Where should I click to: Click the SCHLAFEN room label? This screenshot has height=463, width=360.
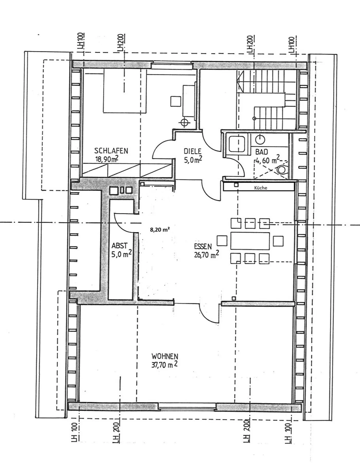pos(111,150)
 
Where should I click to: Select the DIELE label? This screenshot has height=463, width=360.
pos(192,152)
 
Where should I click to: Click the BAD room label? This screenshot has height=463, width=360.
pos(262,152)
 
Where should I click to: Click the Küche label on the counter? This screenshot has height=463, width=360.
pos(260,188)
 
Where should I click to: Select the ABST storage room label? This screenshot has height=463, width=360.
pos(119,246)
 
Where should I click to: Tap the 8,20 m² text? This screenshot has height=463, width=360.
pos(160,229)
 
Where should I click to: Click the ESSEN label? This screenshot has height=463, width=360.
pos(203,247)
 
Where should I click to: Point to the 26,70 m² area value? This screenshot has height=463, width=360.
pos(207,255)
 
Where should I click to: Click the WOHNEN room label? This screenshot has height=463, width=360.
pos(165,356)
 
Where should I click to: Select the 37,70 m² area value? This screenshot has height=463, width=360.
pos(164,365)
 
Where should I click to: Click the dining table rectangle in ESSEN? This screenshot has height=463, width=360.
pos(250,241)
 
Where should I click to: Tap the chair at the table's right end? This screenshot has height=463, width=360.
pos(278,241)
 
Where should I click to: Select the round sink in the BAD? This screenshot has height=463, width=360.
pos(260,140)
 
